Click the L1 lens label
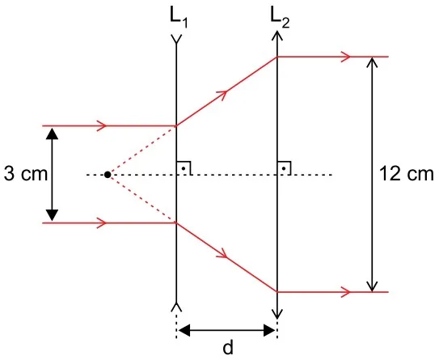179,19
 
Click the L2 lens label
280,19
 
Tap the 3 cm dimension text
26,174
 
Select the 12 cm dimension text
406,174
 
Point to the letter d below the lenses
228,348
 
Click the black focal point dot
108,175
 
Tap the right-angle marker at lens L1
184,168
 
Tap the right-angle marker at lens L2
284,168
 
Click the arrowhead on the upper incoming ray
102,125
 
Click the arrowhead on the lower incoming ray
102,223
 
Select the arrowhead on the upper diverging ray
222,95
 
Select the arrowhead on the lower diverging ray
222,253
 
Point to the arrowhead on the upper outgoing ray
346,57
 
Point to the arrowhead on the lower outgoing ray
346,292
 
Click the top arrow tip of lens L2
277,32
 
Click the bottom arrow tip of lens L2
277,319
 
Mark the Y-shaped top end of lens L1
176,39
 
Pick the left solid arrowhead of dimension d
184,330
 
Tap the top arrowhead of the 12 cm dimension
372,62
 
